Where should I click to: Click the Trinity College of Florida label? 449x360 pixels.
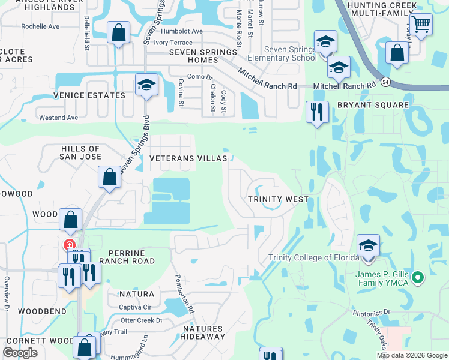(x=308, y=258)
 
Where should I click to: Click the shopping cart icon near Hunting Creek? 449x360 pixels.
(x=421, y=25)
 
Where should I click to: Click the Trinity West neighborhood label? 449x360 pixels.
(x=279, y=199)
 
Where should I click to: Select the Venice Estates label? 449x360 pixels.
(x=89, y=95)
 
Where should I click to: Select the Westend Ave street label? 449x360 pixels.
(x=59, y=118)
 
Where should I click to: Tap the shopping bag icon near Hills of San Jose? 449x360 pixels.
(x=109, y=177)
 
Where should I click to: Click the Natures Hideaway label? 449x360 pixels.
(x=203, y=333)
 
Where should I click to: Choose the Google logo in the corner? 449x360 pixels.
(x=20, y=353)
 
